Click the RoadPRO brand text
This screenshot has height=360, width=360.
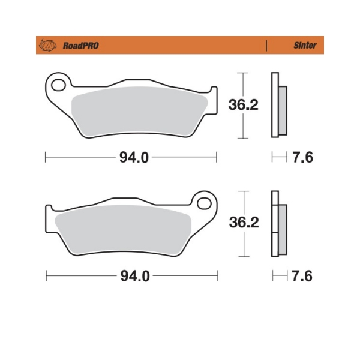[x=81, y=46]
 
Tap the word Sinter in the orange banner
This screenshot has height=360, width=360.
[x=305, y=45]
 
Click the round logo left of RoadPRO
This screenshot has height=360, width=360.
[x=48, y=45]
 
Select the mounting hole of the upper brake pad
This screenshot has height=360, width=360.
[x=58, y=85]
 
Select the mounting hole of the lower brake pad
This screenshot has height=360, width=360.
[x=204, y=203]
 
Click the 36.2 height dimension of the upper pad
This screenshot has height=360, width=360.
[x=244, y=104]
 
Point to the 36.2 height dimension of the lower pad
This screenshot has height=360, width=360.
[x=244, y=222]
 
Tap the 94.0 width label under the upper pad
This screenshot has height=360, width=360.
[x=134, y=157]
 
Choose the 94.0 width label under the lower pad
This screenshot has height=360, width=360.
[x=135, y=276]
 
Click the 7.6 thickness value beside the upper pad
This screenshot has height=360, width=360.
[x=302, y=157]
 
